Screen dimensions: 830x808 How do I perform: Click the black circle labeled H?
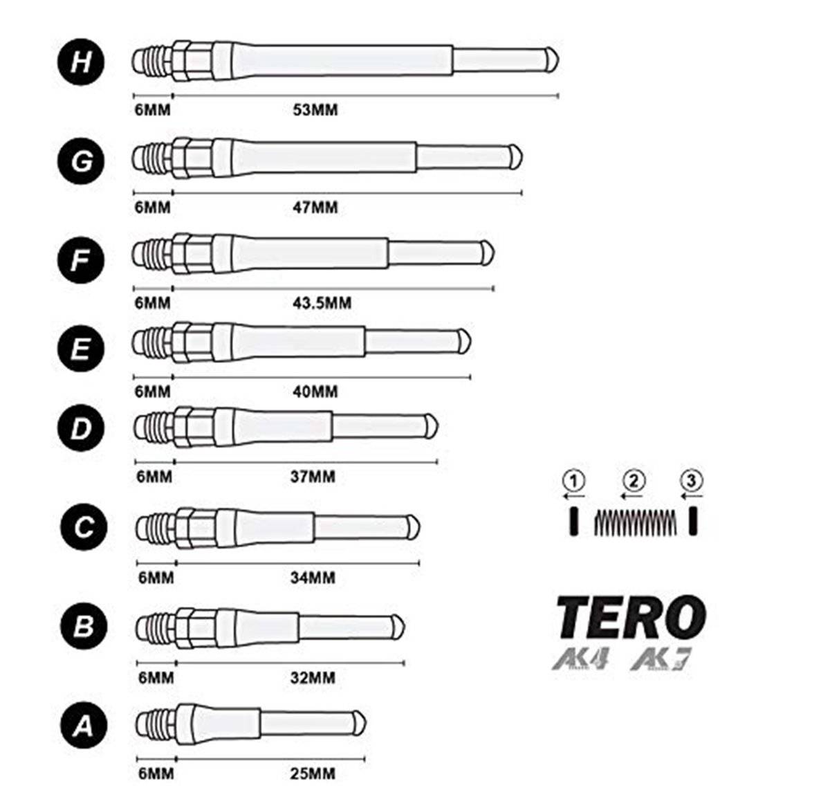pyautogui.click(x=81, y=62)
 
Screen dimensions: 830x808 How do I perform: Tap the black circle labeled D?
pyautogui.click(x=81, y=428)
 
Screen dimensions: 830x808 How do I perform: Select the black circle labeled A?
pyautogui.click(x=84, y=725)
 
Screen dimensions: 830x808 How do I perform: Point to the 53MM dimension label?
pyautogui.click(x=315, y=110)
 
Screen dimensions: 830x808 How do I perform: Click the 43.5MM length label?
pyautogui.click(x=322, y=303)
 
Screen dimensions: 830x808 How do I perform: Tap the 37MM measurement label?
pyautogui.click(x=313, y=477)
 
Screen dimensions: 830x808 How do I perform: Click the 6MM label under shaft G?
pyautogui.click(x=152, y=208)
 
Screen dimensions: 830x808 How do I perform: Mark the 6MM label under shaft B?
pyautogui.click(x=156, y=678)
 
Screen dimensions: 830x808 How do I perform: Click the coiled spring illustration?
pyautogui.click(x=635, y=522)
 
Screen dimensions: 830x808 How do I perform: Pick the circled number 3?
pyautogui.click(x=692, y=481)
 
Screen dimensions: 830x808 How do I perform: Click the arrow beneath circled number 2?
pyautogui.click(x=631, y=496)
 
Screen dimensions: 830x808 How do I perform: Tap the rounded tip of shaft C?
pyautogui.click(x=414, y=527)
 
